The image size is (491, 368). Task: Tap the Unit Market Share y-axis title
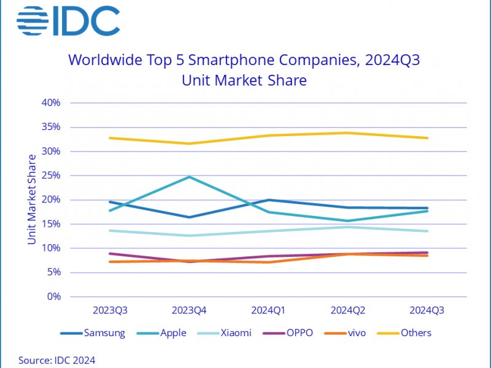(x=31, y=199)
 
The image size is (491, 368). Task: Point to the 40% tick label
(x=51, y=102)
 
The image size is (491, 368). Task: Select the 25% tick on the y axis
(x=51, y=175)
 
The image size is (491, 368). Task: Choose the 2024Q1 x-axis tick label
(x=268, y=311)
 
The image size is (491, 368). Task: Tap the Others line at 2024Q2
(x=348, y=132)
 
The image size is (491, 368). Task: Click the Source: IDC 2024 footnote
(x=57, y=360)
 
